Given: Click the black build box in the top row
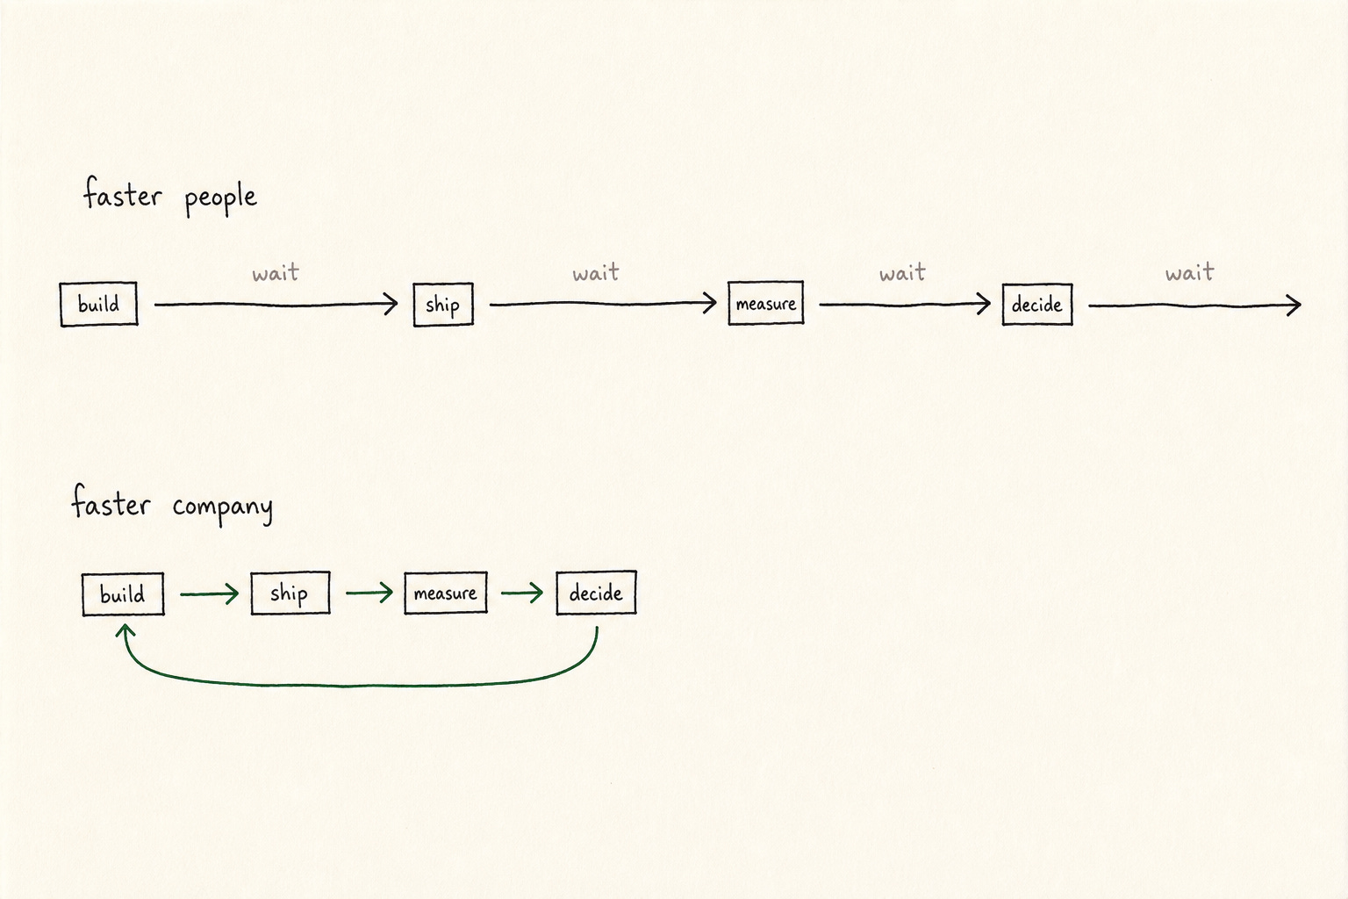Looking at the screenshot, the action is pyautogui.click(x=98, y=304).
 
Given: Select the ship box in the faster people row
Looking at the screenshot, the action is pyautogui.click(x=443, y=305).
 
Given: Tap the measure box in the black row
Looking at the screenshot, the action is pyautogui.click(x=765, y=303).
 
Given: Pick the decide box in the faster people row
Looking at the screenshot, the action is pyautogui.click(x=1036, y=305).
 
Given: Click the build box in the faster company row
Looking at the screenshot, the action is pyautogui.click(x=123, y=594).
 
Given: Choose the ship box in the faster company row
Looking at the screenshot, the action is pyautogui.click(x=290, y=593).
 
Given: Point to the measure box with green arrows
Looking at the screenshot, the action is pyautogui.click(x=445, y=593).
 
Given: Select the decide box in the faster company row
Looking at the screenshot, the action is pyautogui.click(x=596, y=593).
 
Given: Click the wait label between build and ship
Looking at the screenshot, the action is pyautogui.click(x=276, y=273).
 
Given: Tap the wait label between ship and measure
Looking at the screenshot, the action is pyautogui.click(x=596, y=273).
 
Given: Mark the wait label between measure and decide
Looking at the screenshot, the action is pyautogui.click(x=902, y=273).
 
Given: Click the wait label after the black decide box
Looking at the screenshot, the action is pyautogui.click(x=1190, y=273).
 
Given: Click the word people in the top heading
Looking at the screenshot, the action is pyautogui.click(x=221, y=198).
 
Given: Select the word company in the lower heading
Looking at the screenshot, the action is pyautogui.click(x=222, y=507).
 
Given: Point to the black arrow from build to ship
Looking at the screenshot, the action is pyautogui.click(x=276, y=305).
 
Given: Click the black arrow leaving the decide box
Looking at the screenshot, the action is pyautogui.click(x=1194, y=306).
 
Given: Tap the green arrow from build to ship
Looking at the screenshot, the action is pyautogui.click(x=210, y=594).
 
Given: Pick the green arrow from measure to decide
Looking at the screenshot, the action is pyautogui.click(x=522, y=593).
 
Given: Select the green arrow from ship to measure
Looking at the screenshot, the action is pyautogui.click(x=369, y=593).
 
